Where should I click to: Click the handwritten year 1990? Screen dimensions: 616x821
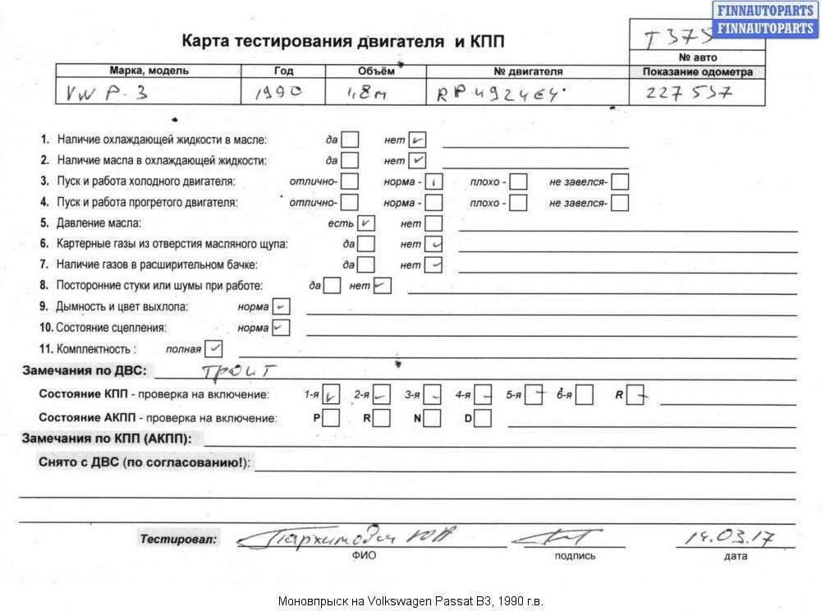pos(279,93)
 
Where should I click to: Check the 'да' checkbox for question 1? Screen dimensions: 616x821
pos(351,140)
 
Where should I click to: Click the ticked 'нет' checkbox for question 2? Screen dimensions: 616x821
pos(417,161)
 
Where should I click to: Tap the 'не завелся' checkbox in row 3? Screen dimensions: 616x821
pos(620,182)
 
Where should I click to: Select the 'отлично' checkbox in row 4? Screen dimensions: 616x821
pos(351,202)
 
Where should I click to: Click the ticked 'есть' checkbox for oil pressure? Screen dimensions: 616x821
pos(366,223)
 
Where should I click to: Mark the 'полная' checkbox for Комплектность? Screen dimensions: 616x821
pos(214,348)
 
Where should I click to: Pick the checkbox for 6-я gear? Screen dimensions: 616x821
pos(585,395)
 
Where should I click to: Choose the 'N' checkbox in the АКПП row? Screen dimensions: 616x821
pos(433,418)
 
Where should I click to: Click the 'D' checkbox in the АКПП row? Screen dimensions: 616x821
pos(483,418)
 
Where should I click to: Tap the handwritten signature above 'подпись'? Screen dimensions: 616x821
pos(556,538)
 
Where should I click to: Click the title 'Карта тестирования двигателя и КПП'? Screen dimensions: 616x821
pos(343,41)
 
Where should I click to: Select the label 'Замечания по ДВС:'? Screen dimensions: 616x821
pos(85,370)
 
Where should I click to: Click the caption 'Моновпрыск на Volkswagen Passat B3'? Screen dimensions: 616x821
pos(410,600)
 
